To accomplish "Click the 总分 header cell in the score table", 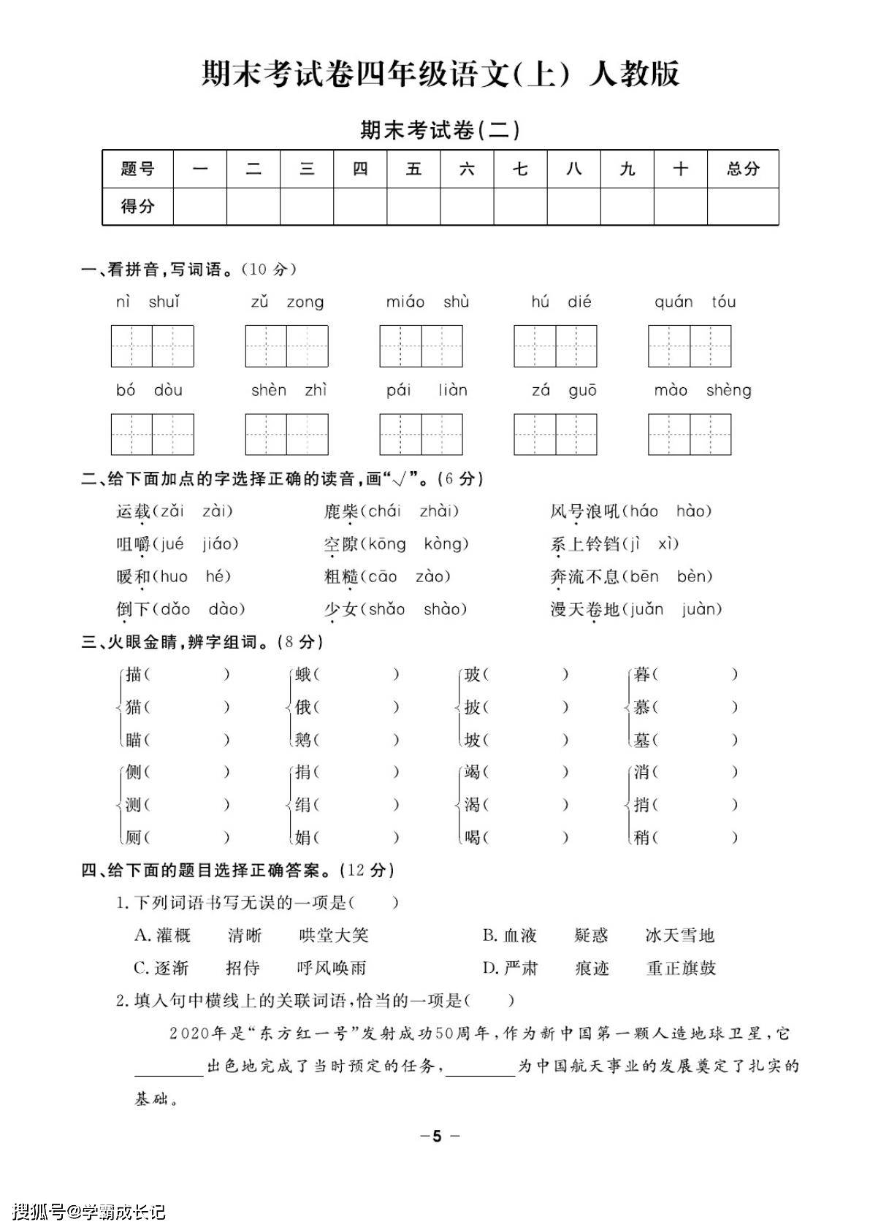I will (742, 169).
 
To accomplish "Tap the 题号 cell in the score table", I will (137, 169).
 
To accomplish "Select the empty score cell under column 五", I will (413, 207).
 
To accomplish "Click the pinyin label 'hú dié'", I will (561, 302).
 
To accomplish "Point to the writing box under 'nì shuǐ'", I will (152, 346).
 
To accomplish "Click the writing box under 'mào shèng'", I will (690, 435).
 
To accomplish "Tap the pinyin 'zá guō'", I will (564, 391).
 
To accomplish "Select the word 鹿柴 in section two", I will (341, 511).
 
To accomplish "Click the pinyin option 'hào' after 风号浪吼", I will (693, 511).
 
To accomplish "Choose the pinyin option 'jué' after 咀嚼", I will (171, 544).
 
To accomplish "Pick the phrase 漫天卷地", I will (584, 609).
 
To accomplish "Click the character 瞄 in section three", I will (134, 740).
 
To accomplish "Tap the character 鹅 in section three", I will (303, 740).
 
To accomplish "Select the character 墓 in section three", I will (642, 740).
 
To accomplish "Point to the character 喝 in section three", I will (473, 837).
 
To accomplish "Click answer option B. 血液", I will (510, 936).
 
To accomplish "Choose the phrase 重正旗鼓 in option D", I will (681, 969).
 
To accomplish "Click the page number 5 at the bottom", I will (437, 1137).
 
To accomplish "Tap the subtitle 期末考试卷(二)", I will (440, 130).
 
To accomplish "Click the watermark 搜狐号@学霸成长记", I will (90, 1212).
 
